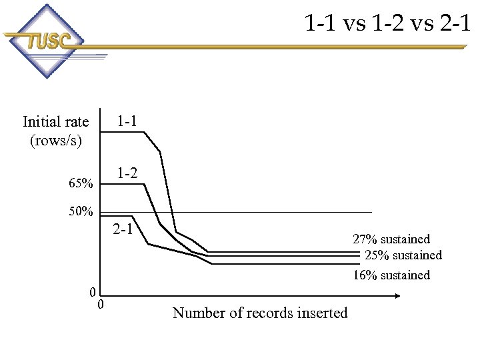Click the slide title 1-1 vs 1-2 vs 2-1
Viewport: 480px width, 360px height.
387,24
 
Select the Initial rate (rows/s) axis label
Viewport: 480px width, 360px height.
55,131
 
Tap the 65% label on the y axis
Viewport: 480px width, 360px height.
81,183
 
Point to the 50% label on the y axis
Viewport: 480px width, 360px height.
81,212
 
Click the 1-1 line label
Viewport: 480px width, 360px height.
127,121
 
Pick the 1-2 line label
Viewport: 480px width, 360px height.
127,173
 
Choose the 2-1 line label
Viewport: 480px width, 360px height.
123,230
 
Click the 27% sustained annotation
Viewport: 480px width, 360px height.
391,239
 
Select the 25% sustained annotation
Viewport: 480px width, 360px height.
403,255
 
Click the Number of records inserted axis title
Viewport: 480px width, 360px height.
260,313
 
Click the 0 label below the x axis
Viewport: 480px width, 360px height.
100,305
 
